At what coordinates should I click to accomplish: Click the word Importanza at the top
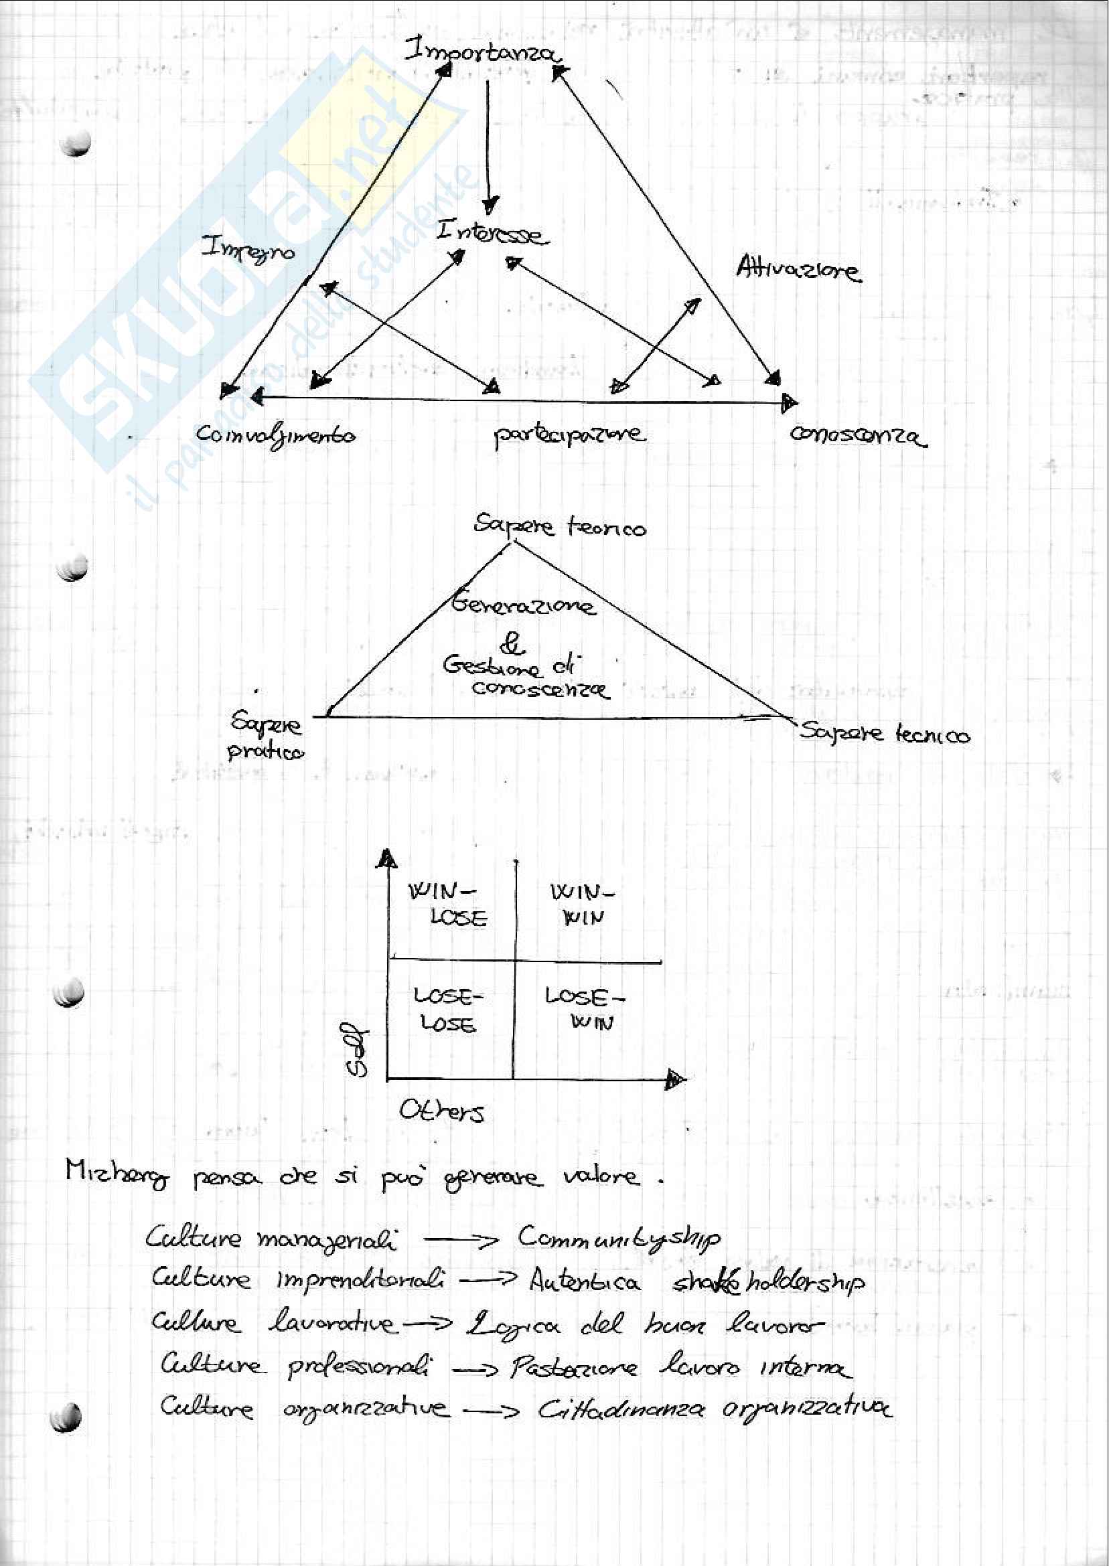pos(481,51)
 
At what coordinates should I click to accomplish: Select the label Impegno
pos(248,250)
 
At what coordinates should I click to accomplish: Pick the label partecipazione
pos(568,435)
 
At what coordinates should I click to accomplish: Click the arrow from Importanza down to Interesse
pos(488,147)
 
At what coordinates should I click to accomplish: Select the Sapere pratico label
pos(267,736)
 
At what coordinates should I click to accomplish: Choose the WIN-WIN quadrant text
pos(583,904)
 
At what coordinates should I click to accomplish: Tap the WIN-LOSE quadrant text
pos(449,904)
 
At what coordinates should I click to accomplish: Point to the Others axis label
pos(442,1111)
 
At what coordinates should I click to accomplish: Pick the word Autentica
pos(585,1281)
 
